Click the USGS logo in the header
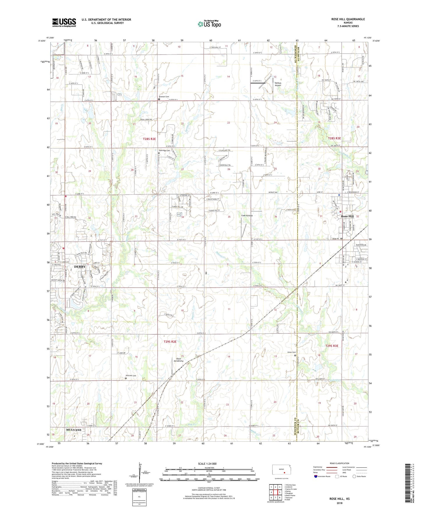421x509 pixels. click(x=64, y=22)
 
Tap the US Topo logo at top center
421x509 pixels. click(x=209, y=24)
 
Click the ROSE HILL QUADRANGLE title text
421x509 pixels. click(x=348, y=19)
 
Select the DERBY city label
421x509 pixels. click(x=80, y=266)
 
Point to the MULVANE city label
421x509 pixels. click(x=73, y=430)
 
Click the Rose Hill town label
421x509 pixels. click(x=347, y=216)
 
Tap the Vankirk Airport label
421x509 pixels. click(x=278, y=84)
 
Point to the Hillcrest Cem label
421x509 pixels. click(x=131, y=376)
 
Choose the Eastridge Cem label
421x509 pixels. click(x=164, y=150)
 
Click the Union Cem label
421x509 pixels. click(x=292, y=352)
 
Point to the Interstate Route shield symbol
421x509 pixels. click(x=316, y=477)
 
